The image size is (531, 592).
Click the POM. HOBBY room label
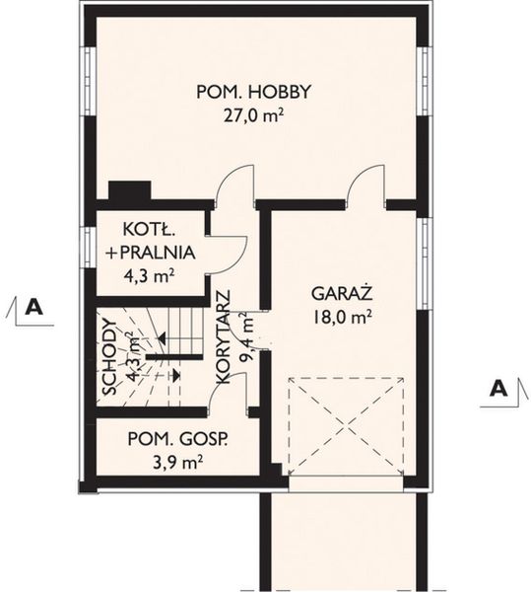[x=253, y=92]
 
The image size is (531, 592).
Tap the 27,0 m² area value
[x=253, y=116]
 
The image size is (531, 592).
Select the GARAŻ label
[x=342, y=293]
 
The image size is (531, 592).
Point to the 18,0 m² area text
[x=342, y=318]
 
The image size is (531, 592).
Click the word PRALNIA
[x=158, y=253]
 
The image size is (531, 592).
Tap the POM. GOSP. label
[x=178, y=439]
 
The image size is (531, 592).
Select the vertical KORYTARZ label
[x=224, y=337]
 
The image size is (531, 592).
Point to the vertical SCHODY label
[x=109, y=357]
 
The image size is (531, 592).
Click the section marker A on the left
[x=33, y=307]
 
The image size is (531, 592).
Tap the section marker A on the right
[x=498, y=388]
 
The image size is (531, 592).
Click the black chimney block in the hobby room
[x=130, y=189]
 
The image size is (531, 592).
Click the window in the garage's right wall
[x=425, y=263]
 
